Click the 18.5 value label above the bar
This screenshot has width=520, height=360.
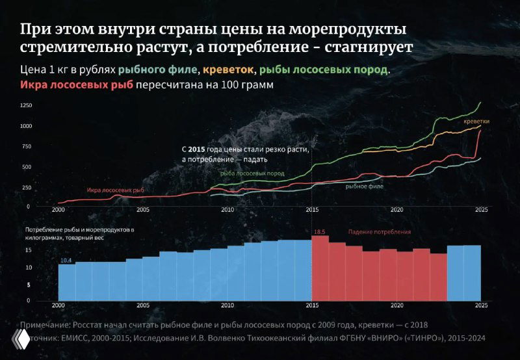point(319,231)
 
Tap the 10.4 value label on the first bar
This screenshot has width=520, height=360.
point(66,260)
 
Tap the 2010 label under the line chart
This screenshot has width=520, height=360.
point(227,210)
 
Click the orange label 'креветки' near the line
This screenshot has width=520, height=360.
point(476,122)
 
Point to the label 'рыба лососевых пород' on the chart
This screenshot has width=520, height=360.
point(252,174)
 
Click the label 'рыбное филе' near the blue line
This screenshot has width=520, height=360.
point(364,186)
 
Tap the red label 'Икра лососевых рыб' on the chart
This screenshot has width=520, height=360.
point(115,190)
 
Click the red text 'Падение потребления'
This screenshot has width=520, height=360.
point(380,232)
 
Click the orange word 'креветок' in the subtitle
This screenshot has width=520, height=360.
point(228,70)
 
